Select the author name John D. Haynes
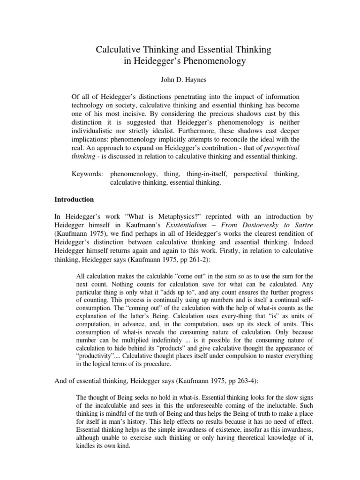180,79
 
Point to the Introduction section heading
75,199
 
